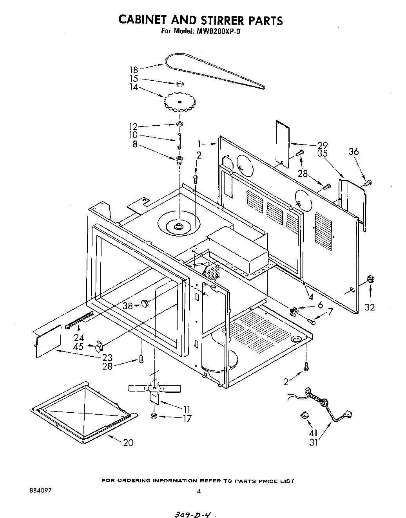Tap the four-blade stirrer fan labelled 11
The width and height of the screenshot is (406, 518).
coord(155,388)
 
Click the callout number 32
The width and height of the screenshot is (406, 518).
coord(370,307)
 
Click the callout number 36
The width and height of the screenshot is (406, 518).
coord(353,152)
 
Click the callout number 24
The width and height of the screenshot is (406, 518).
coord(79,337)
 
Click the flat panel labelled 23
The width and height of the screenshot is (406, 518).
coord(48,340)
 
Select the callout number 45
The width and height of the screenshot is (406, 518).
coord(80,346)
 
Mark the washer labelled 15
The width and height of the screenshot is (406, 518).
coord(180,84)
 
